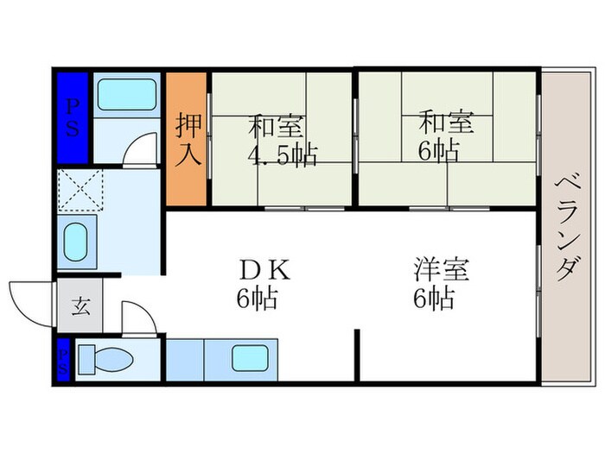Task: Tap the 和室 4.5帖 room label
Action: (282, 141)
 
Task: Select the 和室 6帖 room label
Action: (447, 135)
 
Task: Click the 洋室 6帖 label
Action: (440, 284)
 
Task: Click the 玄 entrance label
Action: (80, 305)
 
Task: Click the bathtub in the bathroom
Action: (125, 95)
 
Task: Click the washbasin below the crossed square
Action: (77, 242)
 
